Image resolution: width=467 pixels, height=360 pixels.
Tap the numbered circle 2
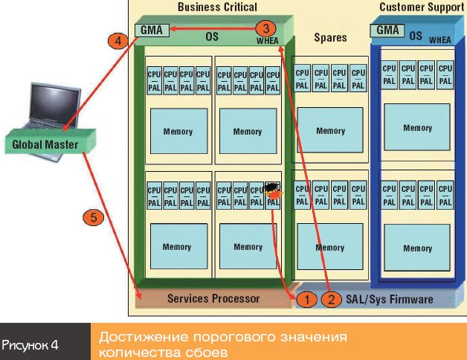point(331,299)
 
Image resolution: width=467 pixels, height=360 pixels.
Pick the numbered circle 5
point(93,218)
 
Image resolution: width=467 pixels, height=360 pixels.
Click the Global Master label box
point(45,145)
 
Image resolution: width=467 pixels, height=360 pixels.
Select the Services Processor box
point(213,298)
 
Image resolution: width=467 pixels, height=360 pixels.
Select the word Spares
point(330,37)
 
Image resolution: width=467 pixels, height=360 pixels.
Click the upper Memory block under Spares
point(330,131)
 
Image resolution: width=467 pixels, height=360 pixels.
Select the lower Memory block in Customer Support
point(417,248)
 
